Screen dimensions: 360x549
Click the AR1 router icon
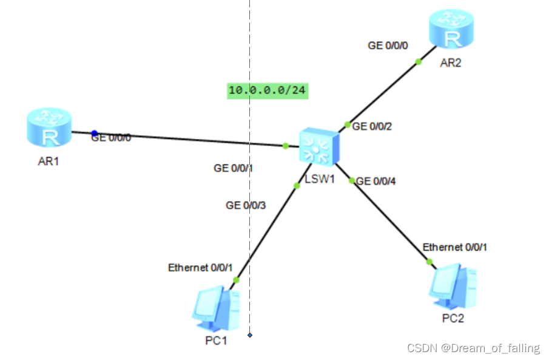49,128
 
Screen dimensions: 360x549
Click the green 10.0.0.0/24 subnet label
267,90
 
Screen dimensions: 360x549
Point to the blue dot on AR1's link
94,133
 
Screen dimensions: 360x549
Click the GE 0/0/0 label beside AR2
388,45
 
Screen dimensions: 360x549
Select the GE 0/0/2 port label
372,126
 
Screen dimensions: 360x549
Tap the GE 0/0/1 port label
233,168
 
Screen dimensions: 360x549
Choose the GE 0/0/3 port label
246,205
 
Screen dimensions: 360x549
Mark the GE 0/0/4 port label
377,181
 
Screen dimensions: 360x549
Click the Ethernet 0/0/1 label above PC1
200,267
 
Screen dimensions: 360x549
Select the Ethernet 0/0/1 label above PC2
455,247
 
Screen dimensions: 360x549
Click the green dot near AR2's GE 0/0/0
418,61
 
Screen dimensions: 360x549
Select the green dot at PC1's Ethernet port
237,280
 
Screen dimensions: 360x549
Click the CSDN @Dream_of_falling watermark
473,348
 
